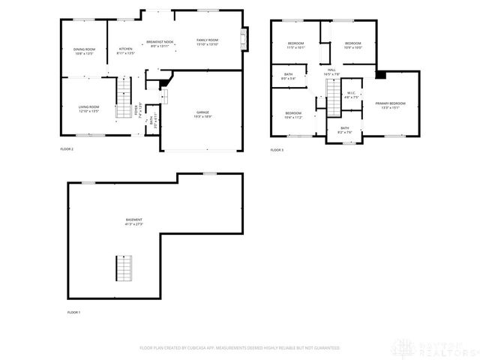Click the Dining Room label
(85, 49)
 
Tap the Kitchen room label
(126, 49)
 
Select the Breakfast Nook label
(160, 42)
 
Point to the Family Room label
(207, 40)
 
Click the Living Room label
(89, 107)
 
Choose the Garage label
(202, 112)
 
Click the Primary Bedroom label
(391, 103)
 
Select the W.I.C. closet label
(352, 93)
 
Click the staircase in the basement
(122, 268)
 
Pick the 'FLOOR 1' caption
(73, 311)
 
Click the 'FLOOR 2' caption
(67, 149)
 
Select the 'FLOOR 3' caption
(277, 149)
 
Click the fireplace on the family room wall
(244, 39)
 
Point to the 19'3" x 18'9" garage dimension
(202, 116)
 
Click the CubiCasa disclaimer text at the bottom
(239, 348)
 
